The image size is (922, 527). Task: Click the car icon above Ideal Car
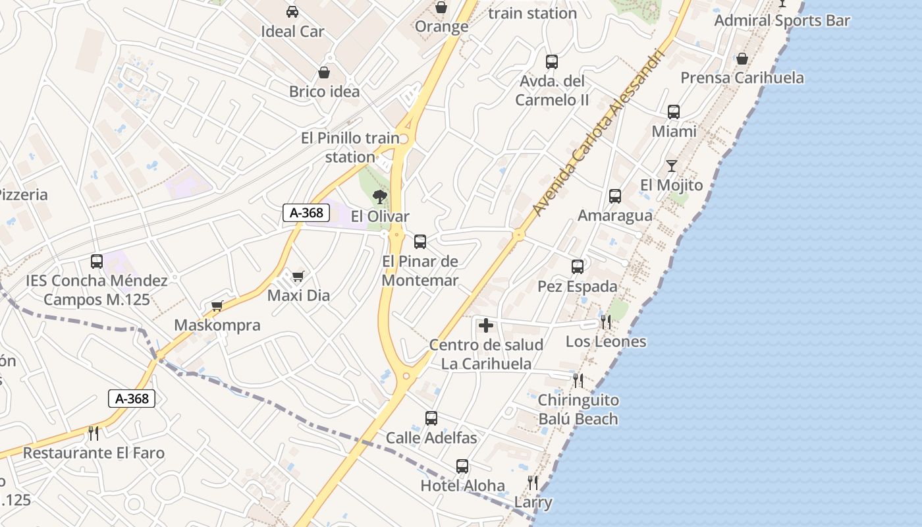coord(292,11)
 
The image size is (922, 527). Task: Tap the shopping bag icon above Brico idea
coord(324,72)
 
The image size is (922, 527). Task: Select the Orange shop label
coord(441,26)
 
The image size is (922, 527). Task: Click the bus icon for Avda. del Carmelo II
coord(552,62)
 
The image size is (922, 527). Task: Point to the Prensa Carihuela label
coord(742,78)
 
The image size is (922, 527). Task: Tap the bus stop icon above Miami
coord(674,112)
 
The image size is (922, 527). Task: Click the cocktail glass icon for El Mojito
coord(671,165)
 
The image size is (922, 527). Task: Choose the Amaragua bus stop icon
coord(615,196)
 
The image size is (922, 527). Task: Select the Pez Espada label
coord(578,287)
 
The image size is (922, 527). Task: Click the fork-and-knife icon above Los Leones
coord(605,321)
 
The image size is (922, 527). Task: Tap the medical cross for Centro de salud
coord(486,325)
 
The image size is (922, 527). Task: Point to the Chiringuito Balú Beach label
coord(578,409)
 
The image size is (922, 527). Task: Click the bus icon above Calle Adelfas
coord(431,418)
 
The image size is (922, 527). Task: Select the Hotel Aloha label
coord(462,486)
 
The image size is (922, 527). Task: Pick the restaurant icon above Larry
coord(532,483)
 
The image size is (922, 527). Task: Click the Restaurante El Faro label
coord(94,453)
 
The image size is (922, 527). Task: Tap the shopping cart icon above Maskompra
coord(217,306)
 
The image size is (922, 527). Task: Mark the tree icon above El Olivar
coord(379,196)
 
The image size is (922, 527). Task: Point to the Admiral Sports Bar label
coord(782,20)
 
